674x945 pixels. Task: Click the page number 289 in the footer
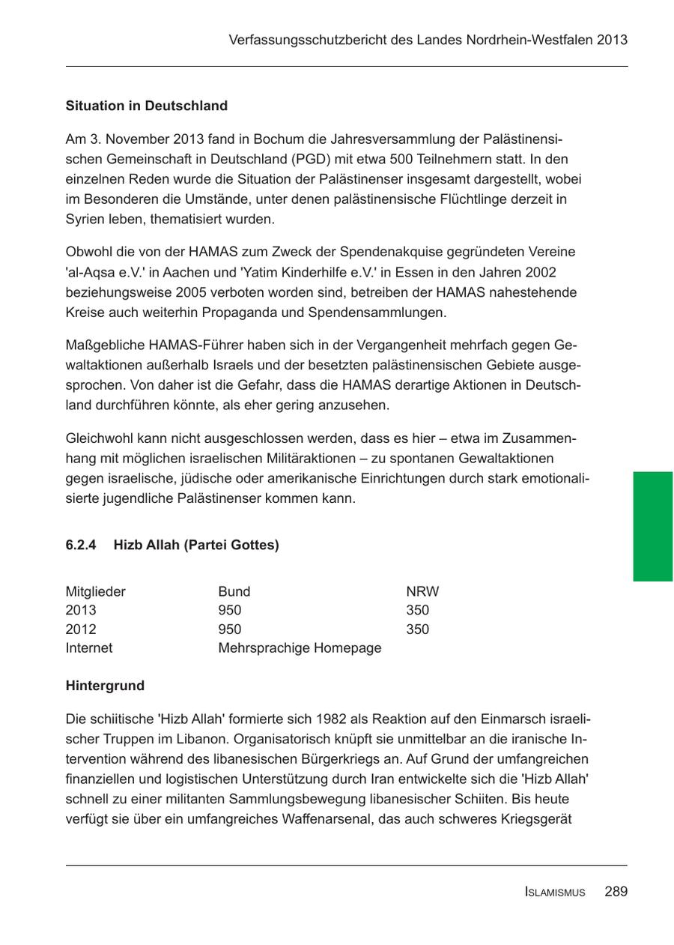click(x=616, y=892)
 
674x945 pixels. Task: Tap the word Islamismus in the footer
click(x=555, y=893)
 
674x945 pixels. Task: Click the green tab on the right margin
click(x=652, y=526)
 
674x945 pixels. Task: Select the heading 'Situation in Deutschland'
click(x=146, y=106)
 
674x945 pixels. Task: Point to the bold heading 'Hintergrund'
click(x=105, y=686)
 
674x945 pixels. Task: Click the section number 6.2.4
click(x=81, y=546)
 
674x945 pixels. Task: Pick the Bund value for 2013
click(x=229, y=610)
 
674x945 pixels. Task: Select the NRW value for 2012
click(x=417, y=629)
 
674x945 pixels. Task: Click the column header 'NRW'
click(x=422, y=591)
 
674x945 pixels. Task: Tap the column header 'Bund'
click(x=234, y=591)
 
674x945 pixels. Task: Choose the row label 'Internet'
click(x=88, y=647)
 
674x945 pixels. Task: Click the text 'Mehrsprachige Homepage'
click(x=300, y=647)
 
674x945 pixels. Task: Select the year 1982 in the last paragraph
click(x=331, y=719)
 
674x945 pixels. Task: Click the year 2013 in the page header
click(x=613, y=40)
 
